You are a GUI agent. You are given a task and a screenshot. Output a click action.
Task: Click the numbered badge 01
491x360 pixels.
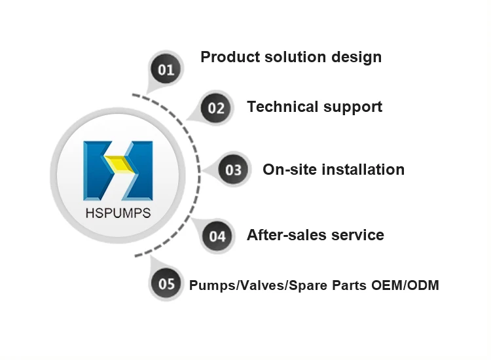[x=166, y=69]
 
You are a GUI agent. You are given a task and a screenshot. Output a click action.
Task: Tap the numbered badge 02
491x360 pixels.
[x=216, y=107]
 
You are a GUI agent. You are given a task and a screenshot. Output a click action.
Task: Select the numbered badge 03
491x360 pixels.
[x=233, y=170]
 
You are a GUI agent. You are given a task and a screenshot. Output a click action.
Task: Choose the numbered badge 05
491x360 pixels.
[x=166, y=285]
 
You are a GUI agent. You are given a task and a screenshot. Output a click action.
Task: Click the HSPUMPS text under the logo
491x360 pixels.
[x=118, y=213]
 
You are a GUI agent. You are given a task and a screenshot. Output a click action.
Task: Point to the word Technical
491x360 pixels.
[x=280, y=107]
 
